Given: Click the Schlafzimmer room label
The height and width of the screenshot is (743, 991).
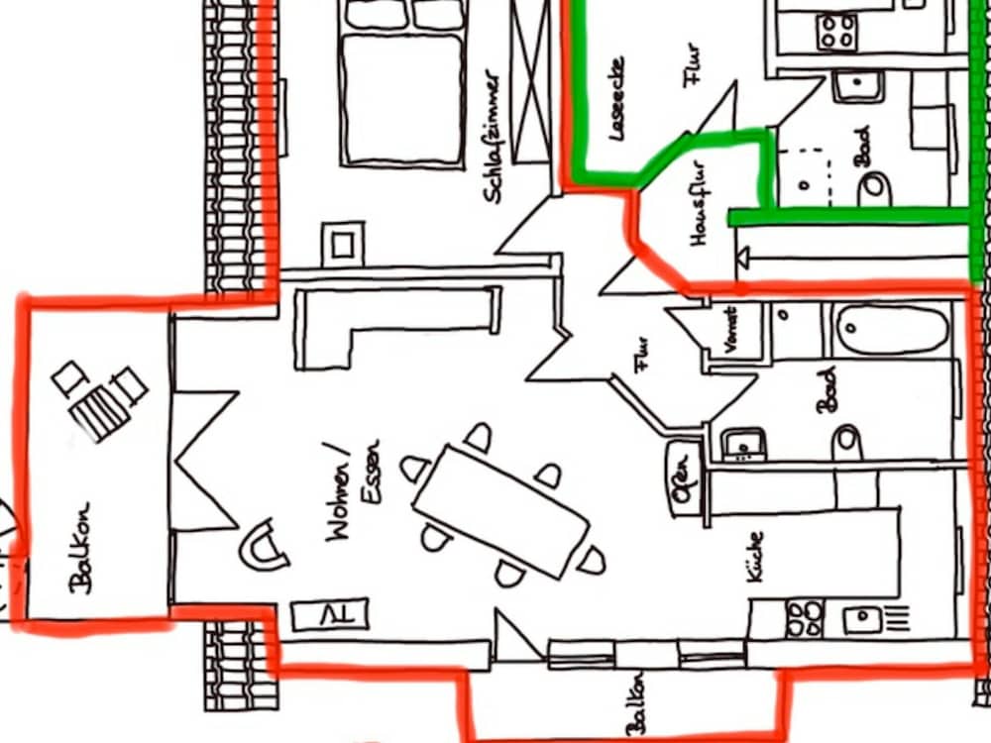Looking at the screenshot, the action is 494,137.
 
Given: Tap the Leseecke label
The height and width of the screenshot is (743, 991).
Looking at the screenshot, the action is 616,98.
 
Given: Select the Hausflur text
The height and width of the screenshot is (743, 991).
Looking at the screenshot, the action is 698,203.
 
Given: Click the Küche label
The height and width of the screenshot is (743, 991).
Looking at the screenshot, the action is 755,557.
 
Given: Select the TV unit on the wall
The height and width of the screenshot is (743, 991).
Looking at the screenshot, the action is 330,614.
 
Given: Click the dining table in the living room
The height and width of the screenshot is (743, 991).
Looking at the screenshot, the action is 500,511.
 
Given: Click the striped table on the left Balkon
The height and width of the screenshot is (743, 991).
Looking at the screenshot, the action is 99,413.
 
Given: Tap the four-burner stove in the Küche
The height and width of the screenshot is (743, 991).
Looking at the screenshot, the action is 805,618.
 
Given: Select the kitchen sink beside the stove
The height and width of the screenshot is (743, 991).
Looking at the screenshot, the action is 862,619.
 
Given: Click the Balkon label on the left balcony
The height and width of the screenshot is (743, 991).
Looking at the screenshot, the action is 82,549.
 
